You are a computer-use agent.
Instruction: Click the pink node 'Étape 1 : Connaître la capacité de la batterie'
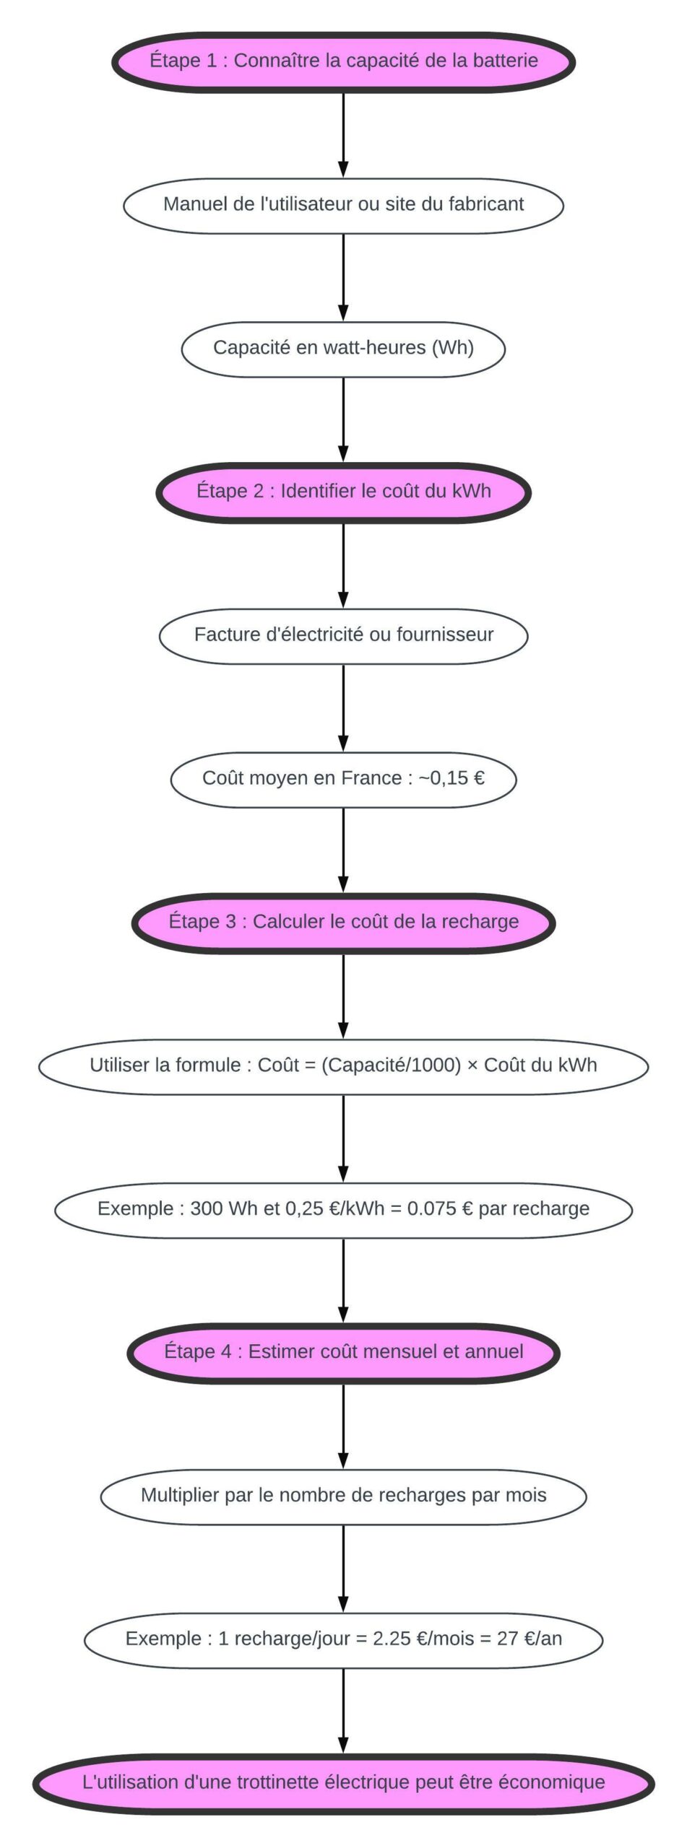(x=343, y=61)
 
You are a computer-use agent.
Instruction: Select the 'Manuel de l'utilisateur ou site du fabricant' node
(x=343, y=204)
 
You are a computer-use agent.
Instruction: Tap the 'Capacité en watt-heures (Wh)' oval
(x=343, y=348)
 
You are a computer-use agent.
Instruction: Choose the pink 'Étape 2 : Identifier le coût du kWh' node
(x=343, y=492)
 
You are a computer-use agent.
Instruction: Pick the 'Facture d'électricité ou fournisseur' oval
(x=343, y=635)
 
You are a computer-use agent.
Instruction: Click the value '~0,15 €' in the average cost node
(x=451, y=778)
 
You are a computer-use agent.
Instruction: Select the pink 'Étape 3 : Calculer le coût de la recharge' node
(x=343, y=922)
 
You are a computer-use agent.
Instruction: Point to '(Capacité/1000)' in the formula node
(x=391, y=1065)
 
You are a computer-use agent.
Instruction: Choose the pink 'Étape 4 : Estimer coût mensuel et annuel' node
(x=343, y=1352)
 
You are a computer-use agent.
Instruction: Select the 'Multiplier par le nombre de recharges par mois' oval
(x=343, y=1496)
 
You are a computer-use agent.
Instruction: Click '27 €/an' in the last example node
(x=530, y=1639)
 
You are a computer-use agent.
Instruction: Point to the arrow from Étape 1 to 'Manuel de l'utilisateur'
(x=343, y=134)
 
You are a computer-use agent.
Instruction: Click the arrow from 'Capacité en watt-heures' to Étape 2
(x=343, y=420)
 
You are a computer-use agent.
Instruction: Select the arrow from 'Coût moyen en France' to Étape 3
(x=343, y=850)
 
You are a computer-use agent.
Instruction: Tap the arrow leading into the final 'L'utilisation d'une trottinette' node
(x=343, y=1712)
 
